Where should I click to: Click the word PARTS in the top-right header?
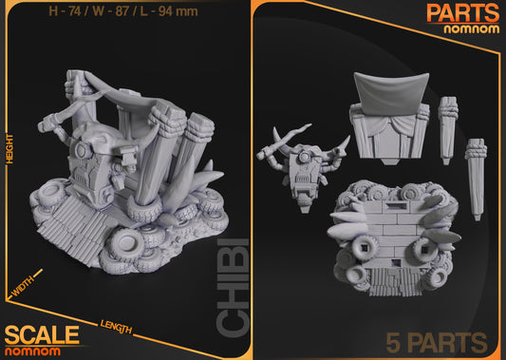pyautogui.click(x=462, y=12)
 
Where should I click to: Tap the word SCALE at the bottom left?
pyautogui.click(x=41, y=334)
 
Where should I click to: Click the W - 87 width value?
pyautogui.click(x=108, y=11)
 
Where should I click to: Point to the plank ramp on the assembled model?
pyautogui.click(x=63, y=234)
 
